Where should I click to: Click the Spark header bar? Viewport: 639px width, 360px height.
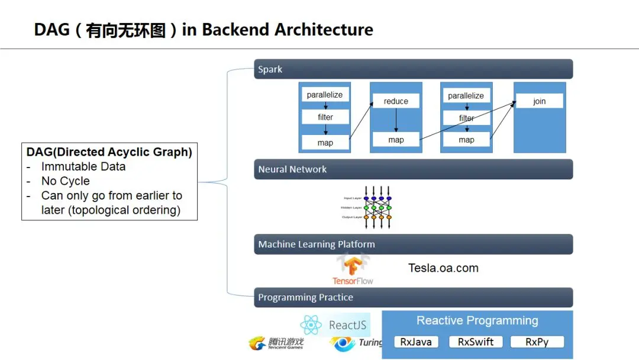click(x=413, y=69)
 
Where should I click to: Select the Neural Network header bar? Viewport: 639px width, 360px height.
click(x=413, y=169)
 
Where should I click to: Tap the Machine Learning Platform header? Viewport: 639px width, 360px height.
click(x=413, y=244)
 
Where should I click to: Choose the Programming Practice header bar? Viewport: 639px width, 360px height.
click(x=413, y=297)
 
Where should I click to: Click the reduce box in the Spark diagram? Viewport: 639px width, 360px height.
click(x=396, y=101)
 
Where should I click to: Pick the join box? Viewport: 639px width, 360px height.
click(x=539, y=101)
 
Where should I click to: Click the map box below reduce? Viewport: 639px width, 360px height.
click(x=396, y=140)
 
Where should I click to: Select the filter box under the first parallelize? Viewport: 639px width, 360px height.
click(x=325, y=117)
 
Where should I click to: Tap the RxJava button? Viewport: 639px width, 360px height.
click(x=416, y=342)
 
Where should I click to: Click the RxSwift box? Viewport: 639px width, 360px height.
click(x=476, y=342)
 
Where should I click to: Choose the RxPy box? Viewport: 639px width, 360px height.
click(x=536, y=342)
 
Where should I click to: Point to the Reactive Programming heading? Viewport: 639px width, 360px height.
click(x=477, y=321)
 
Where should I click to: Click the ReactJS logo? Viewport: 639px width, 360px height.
click(x=335, y=324)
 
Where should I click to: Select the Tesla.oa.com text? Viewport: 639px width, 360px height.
click(x=443, y=268)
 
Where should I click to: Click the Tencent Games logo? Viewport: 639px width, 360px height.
click(x=276, y=343)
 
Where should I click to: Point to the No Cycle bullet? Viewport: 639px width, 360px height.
click(x=65, y=181)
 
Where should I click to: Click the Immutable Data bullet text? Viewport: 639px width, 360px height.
click(x=83, y=167)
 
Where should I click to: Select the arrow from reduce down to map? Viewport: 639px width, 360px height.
click(x=396, y=120)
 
